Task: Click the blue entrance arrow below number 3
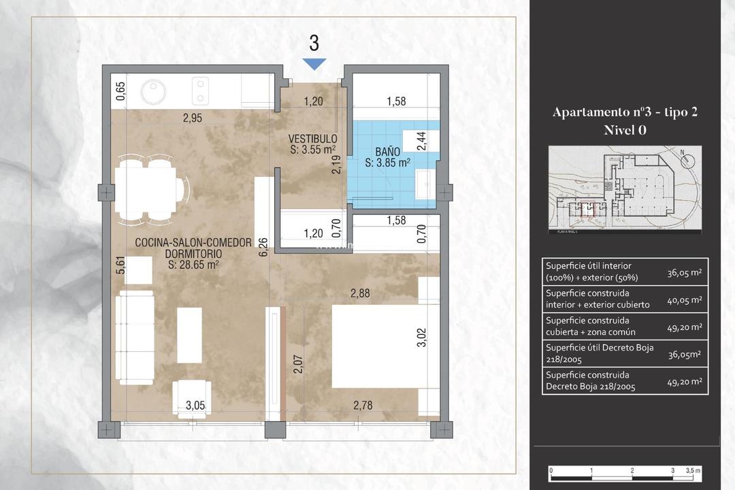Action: click(314, 64)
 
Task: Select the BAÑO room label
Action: click(387, 151)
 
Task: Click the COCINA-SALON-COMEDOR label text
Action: click(193, 242)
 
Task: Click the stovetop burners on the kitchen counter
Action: click(201, 89)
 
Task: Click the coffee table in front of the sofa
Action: click(189, 335)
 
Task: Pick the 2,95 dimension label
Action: click(192, 118)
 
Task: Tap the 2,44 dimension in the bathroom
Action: click(421, 140)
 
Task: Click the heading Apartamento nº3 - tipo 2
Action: click(625, 112)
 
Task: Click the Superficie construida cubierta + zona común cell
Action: click(591, 326)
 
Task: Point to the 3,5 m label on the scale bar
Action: click(693, 471)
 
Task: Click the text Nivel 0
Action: click(625, 131)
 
